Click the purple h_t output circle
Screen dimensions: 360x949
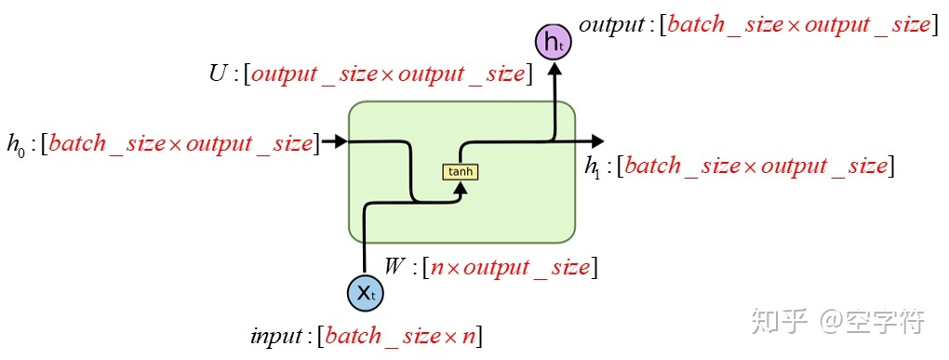tap(554, 41)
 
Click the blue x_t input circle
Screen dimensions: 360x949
tap(365, 293)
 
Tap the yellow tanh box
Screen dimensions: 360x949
tap(461, 172)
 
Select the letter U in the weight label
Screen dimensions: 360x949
tap(219, 74)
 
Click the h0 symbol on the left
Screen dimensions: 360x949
tap(16, 144)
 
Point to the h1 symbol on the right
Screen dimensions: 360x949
tap(592, 167)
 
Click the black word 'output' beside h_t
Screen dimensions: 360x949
tap(610, 24)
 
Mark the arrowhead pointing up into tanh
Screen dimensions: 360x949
tap(461, 187)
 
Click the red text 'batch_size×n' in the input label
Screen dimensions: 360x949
tap(400, 336)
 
